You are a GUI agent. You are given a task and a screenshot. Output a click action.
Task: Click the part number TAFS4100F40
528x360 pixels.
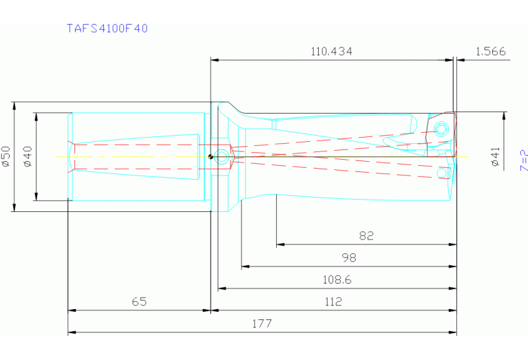click(x=107, y=29)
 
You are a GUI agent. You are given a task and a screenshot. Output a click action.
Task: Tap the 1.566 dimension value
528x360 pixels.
click(x=490, y=52)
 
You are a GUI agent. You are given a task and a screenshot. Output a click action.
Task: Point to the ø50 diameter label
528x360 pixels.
click(x=6, y=157)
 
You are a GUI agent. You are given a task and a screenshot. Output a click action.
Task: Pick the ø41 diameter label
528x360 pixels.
click(x=495, y=157)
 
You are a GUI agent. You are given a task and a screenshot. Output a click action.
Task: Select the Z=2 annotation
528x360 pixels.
click(x=523, y=160)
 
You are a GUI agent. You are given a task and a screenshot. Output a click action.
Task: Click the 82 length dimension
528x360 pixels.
click(x=366, y=236)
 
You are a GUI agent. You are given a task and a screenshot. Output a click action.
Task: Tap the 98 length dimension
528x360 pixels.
click(x=349, y=258)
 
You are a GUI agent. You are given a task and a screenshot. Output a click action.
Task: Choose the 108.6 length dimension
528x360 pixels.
click(x=337, y=280)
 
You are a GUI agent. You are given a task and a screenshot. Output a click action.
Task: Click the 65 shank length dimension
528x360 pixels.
click(x=139, y=302)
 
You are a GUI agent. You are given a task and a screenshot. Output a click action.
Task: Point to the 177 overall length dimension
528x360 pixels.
click(x=262, y=324)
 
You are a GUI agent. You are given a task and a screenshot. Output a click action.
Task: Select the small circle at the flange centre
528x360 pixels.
click(x=222, y=156)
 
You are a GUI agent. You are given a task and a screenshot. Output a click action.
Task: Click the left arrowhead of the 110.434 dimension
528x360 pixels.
click(x=214, y=60)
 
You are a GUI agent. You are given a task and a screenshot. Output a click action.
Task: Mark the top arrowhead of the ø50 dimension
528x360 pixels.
click(x=14, y=105)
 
